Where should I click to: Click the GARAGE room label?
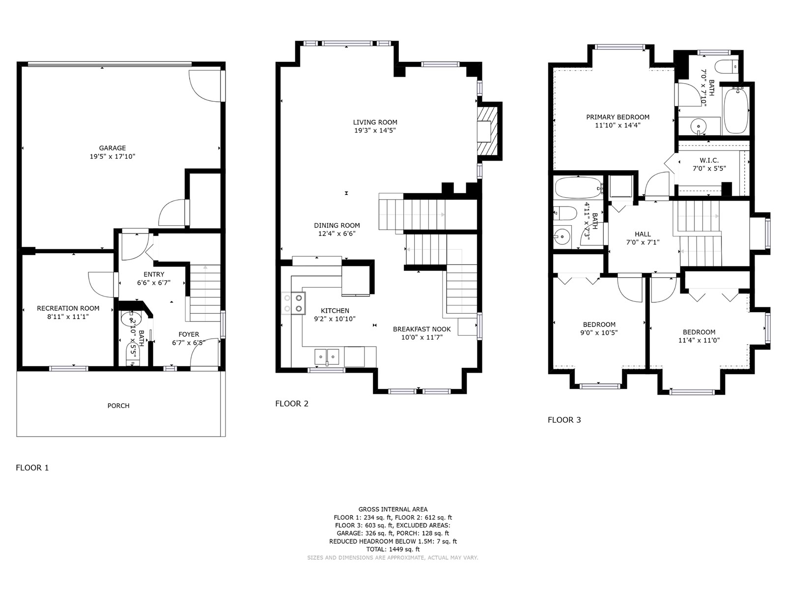[112, 148]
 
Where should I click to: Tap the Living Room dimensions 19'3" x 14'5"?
[375, 131]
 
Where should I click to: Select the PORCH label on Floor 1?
[118, 406]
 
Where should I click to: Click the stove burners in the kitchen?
[293, 303]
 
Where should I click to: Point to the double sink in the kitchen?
[327, 357]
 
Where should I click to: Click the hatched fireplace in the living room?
[487, 131]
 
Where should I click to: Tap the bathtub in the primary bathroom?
[736, 110]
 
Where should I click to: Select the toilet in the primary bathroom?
[726, 67]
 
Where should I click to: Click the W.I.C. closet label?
[709, 160]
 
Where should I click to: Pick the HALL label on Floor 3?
[643, 235]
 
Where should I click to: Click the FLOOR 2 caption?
[292, 404]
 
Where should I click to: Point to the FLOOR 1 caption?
[32, 468]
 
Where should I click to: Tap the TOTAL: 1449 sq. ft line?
[393, 549]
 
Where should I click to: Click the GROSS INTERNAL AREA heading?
[393, 509]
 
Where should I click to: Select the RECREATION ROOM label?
[68, 308]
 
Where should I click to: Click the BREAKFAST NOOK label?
[422, 329]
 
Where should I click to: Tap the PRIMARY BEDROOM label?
[618, 117]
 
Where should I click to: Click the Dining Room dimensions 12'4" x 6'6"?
[337, 234]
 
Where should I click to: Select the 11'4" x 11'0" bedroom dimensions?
[699, 341]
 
